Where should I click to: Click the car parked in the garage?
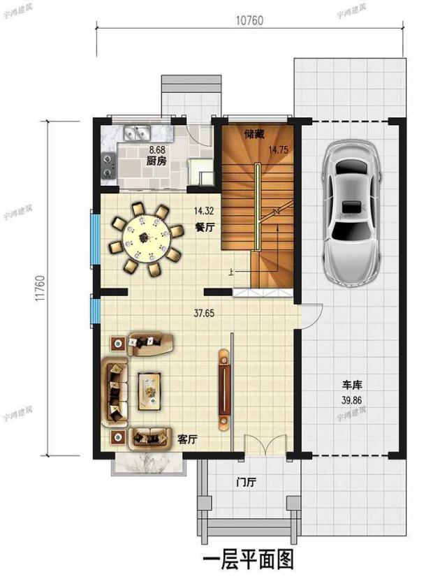click(351, 210)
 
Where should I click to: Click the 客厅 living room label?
click(187, 439)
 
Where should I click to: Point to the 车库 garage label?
click(351, 385)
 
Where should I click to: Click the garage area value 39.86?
click(351, 400)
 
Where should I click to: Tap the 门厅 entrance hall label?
click(245, 482)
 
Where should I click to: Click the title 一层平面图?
click(248, 560)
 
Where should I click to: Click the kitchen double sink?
click(137, 131)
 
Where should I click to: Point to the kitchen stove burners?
click(108, 163)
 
